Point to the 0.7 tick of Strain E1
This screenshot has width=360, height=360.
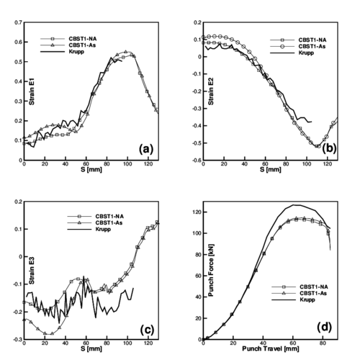point(15,23)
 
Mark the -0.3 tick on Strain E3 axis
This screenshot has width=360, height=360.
point(16,338)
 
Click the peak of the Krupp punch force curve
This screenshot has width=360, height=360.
point(295,204)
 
